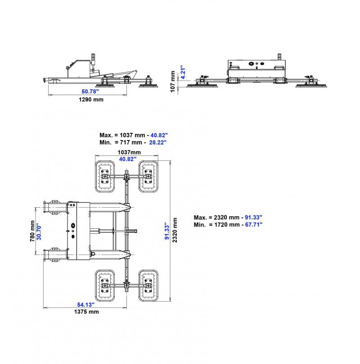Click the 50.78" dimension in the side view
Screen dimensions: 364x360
87,91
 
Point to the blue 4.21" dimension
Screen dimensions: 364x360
182,73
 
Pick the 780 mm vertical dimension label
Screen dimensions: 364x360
32,231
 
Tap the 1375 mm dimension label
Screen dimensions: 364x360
86,312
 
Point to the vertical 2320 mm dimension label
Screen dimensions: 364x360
175,230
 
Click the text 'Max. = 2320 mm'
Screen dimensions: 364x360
215,217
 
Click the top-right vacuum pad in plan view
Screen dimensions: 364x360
147,177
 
